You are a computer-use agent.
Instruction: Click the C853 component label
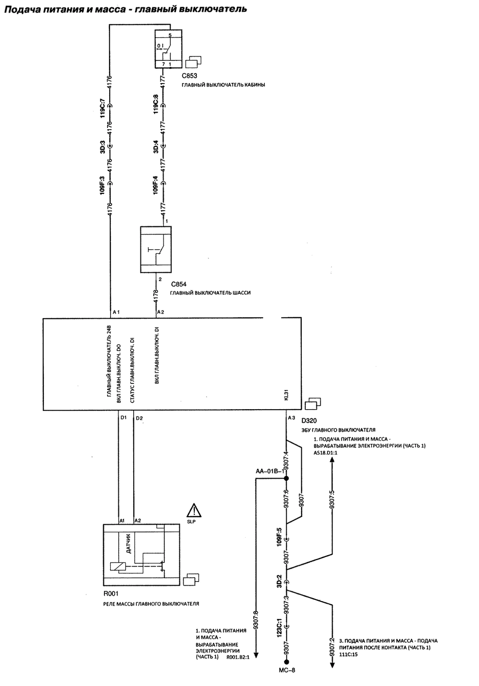(x=189, y=76)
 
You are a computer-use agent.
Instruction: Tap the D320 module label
(x=309, y=421)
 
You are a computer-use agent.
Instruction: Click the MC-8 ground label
(x=287, y=679)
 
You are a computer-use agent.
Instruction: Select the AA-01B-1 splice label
(x=270, y=471)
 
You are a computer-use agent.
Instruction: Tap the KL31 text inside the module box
(x=286, y=395)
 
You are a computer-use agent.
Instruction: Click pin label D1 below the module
(x=123, y=417)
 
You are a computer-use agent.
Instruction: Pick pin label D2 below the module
(x=140, y=418)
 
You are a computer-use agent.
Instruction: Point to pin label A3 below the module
(x=291, y=417)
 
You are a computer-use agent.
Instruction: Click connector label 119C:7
(x=103, y=108)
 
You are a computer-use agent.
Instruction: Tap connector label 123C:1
(x=279, y=627)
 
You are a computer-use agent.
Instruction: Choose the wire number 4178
(x=156, y=296)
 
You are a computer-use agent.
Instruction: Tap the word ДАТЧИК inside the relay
(x=128, y=543)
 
